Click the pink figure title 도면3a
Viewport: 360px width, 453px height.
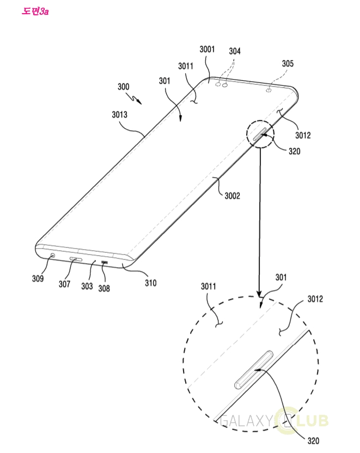point(35,11)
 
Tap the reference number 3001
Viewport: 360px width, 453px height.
point(207,50)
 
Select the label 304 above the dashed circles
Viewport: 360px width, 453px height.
point(235,51)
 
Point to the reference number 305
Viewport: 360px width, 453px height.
point(288,64)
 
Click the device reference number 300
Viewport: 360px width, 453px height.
point(123,87)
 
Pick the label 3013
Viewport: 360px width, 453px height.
point(119,114)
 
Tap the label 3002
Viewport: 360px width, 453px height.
point(233,196)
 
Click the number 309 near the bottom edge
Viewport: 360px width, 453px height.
point(38,279)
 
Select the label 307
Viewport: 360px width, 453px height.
point(64,284)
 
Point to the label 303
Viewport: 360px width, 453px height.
point(87,286)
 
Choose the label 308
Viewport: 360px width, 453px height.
point(104,288)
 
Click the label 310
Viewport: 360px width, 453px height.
point(151,283)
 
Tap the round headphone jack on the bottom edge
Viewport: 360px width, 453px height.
point(53,256)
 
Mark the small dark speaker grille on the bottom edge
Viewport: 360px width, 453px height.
point(105,262)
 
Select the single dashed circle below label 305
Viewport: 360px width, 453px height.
point(269,90)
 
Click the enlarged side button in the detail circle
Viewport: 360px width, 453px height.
point(253,370)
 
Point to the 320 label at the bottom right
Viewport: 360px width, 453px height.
point(313,441)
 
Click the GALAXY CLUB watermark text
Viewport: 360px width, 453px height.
point(274,421)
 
